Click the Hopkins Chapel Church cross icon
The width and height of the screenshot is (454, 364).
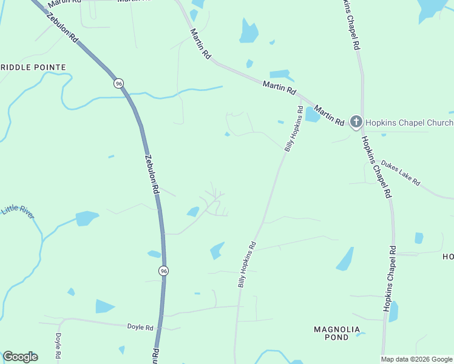pyautogui.click(x=356, y=122)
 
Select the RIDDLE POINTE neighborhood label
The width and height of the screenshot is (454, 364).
pyautogui.click(x=33, y=67)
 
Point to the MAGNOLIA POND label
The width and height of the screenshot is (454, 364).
pyautogui.click(x=332, y=333)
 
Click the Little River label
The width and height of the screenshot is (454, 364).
pyautogui.click(x=18, y=210)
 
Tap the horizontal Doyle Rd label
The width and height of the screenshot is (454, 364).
pyautogui.click(x=140, y=327)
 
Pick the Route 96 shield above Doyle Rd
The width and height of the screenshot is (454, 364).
pyautogui.click(x=163, y=271)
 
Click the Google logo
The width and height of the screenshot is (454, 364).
pyautogui.click(x=20, y=357)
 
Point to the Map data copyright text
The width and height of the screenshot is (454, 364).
pyautogui.click(x=416, y=359)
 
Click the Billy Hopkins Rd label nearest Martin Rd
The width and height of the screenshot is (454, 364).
pyautogui.click(x=293, y=129)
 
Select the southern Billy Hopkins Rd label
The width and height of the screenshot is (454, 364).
pyautogui.click(x=246, y=265)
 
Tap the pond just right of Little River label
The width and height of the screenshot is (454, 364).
pyautogui.click(x=87, y=218)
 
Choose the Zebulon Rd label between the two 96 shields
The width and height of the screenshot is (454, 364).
pyautogui.click(x=152, y=173)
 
